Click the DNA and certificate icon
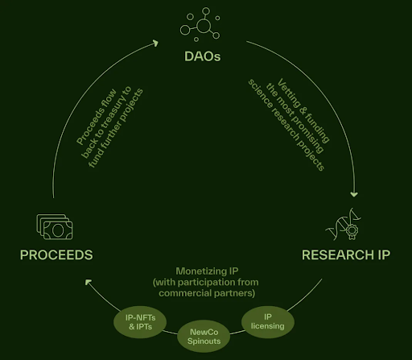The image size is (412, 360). pos(346,228)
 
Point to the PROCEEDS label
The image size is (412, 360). pos(56,255)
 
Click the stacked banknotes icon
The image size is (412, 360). pos(56,226)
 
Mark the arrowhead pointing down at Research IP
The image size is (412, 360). pos(354,194)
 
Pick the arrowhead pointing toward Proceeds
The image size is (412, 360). pos(89,283)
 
